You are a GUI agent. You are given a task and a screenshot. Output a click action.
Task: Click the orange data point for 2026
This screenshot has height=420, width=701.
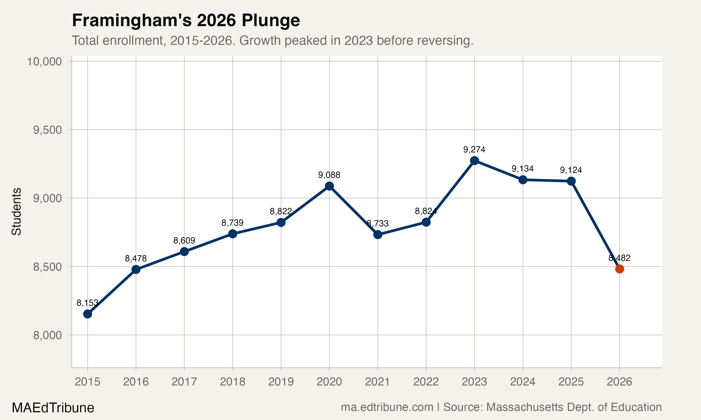pyautogui.click(x=619, y=269)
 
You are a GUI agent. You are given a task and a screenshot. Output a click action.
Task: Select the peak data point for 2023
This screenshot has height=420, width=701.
pyautogui.click(x=474, y=161)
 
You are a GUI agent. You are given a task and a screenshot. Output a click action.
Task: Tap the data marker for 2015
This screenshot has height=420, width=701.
pyautogui.click(x=88, y=314)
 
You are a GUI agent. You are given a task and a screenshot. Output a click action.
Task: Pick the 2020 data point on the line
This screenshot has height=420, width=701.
pyautogui.click(x=329, y=186)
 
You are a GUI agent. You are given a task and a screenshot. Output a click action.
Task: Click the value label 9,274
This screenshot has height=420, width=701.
pyautogui.click(x=474, y=149)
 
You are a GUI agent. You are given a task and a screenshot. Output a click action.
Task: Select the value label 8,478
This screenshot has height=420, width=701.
pyautogui.click(x=136, y=258)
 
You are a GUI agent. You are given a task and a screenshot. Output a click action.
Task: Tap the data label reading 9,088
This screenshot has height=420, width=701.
pyautogui.click(x=329, y=175)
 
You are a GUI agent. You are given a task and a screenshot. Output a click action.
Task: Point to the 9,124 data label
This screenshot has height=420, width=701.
pyautogui.click(x=571, y=170)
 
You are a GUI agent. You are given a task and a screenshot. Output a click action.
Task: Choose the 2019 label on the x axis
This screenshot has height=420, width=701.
pyautogui.click(x=281, y=382)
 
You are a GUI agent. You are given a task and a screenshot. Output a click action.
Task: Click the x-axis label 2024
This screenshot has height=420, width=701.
pyautogui.click(x=522, y=382)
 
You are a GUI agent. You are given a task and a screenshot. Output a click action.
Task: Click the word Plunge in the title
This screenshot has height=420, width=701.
pyautogui.click(x=271, y=20)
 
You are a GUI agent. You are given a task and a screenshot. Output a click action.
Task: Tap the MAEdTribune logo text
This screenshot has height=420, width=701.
pyautogui.click(x=53, y=408)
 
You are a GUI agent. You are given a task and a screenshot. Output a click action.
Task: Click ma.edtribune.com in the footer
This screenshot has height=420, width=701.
pyautogui.click(x=387, y=407)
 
